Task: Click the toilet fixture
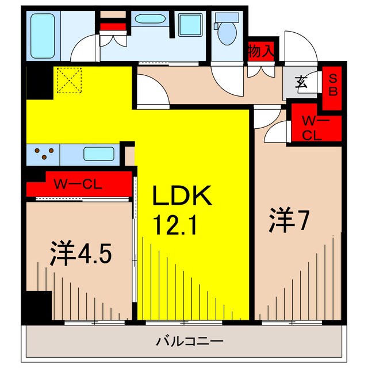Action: pyautogui.click(x=226, y=29)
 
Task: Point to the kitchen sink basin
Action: pyautogui.click(x=99, y=154)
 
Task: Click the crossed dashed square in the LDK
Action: pyautogui.click(x=70, y=80)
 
